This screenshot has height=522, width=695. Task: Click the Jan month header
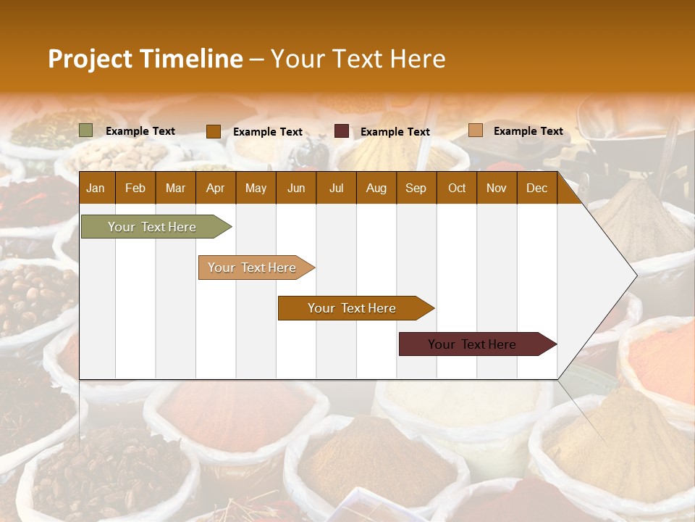click(96, 188)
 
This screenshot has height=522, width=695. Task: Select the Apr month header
click(215, 188)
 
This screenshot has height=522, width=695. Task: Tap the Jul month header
click(336, 188)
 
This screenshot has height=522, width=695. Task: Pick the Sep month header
click(416, 188)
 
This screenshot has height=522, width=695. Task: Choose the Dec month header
click(536, 188)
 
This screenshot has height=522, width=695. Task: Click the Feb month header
click(135, 188)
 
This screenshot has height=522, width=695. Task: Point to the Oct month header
click(457, 188)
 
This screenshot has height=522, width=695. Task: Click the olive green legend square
click(86, 130)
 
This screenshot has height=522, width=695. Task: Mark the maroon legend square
click(342, 131)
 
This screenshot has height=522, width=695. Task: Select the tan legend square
click(476, 130)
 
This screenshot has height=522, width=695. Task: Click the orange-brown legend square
click(214, 131)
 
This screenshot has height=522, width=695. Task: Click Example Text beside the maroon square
click(395, 132)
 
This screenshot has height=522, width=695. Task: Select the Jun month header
click(295, 188)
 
